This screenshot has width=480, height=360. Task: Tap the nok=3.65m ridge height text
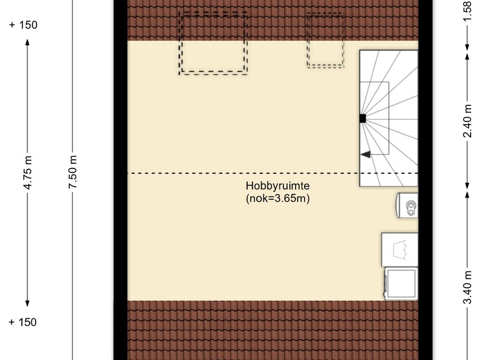click(278, 198)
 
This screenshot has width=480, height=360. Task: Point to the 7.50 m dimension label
click(72, 172)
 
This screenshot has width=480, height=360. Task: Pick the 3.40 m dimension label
click(467, 287)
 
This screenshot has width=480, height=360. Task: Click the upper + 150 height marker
click(23, 25)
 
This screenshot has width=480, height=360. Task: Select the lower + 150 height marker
click(23, 322)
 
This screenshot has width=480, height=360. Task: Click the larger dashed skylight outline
click(214, 43)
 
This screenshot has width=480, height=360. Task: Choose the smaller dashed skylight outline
click(325, 40)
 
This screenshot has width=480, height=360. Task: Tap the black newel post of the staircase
click(362, 119)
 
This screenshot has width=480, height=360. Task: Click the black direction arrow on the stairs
click(365, 154)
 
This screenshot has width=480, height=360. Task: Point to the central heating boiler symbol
click(407, 205)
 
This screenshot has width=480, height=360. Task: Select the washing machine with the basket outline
click(399, 249)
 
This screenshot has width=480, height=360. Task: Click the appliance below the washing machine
click(401, 283)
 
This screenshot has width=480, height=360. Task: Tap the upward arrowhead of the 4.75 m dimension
click(27, 42)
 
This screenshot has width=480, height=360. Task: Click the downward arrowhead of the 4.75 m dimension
click(27, 303)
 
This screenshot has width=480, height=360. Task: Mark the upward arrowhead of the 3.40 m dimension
click(467, 194)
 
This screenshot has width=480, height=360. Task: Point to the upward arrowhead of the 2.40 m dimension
click(467, 55)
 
